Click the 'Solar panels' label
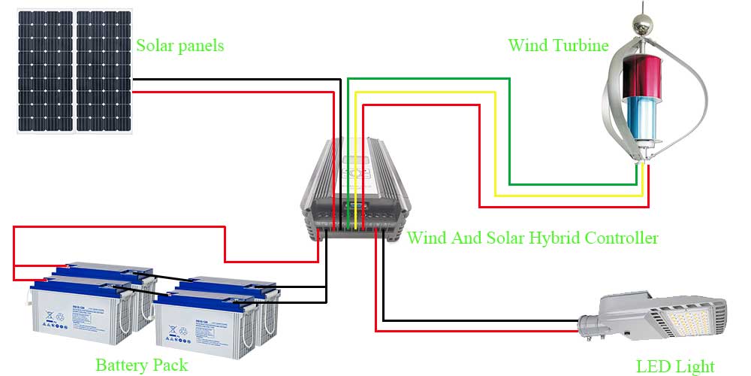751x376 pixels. pos(179,46)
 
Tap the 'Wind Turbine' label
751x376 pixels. pos(558,45)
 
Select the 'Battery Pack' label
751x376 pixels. pos(141,365)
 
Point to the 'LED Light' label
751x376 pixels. pos(675,366)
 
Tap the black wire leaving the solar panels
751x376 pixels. pos(240,78)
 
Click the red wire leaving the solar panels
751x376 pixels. pos(240,92)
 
